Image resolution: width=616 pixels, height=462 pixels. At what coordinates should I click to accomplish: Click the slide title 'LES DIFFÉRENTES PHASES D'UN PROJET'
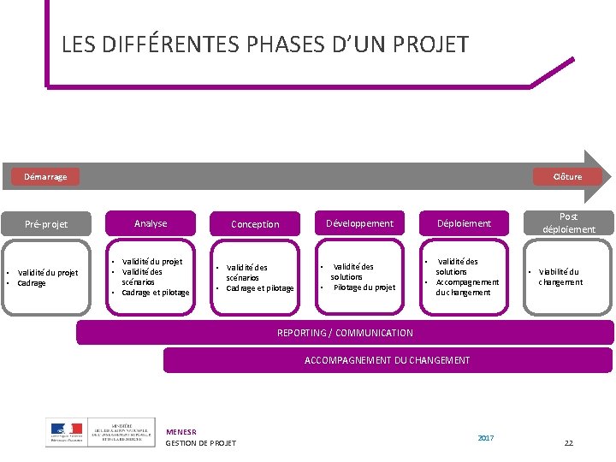pyautogui.click(x=265, y=44)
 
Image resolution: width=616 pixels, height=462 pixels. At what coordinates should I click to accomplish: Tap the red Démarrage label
pyautogui.click(x=45, y=177)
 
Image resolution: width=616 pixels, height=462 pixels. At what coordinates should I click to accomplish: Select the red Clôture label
pyautogui.click(x=567, y=177)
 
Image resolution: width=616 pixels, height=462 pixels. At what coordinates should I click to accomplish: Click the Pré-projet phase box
pyautogui.click(x=46, y=224)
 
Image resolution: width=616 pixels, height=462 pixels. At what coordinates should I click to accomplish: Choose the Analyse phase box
pyautogui.click(x=151, y=223)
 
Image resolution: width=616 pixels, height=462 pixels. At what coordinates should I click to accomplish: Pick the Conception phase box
pyautogui.click(x=255, y=224)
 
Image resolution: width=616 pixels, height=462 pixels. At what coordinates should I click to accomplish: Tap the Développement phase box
pyautogui.click(x=359, y=223)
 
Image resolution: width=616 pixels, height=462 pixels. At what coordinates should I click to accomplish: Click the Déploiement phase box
pyautogui.click(x=465, y=223)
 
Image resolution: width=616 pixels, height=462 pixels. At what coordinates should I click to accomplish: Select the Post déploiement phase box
pyautogui.click(x=568, y=223)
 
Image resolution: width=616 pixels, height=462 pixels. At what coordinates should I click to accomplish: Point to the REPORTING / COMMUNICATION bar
pyautogui.click(x=345, y=333)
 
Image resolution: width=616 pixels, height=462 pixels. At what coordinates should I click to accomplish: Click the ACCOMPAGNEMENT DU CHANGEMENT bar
pyautogui.click(x=387, y=360)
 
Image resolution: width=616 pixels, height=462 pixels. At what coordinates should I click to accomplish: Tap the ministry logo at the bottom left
pyautogui.click(x=100, y=431)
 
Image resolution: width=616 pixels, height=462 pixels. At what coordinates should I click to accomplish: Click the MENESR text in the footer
pyautogui.click(x=181, y=432)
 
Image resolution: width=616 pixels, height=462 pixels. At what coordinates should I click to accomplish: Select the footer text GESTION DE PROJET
pyautogui.click(x=200, y=443)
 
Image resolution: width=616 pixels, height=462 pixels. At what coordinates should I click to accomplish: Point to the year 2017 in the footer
pyautogui.click(x=486, y=438)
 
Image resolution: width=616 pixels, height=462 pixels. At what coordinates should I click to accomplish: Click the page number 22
pyautogui.click(x=568, y=443)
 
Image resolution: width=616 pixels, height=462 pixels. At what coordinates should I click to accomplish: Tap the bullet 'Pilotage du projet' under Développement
pyautogui.click(x=364, y=287)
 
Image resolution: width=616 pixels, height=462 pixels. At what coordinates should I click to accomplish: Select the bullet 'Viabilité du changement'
pyautogui.click(x=560, y=277)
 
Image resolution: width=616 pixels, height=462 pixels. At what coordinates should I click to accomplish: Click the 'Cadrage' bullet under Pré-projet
pyautogui.click(x=32, y=283)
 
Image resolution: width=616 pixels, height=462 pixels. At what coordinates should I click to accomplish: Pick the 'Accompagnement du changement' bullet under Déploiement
pyautogui.click(x=466, y=287)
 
